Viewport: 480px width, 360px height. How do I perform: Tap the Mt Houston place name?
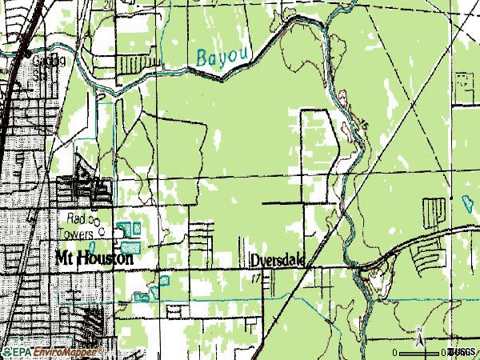tap(90, 259)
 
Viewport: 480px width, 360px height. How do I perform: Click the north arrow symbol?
tap(418, 342)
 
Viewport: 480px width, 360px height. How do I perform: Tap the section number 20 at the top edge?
tap(107, 4)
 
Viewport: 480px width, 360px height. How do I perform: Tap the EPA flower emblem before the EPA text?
tap(6, 352)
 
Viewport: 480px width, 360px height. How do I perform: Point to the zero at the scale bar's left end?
tap(394, 352)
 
